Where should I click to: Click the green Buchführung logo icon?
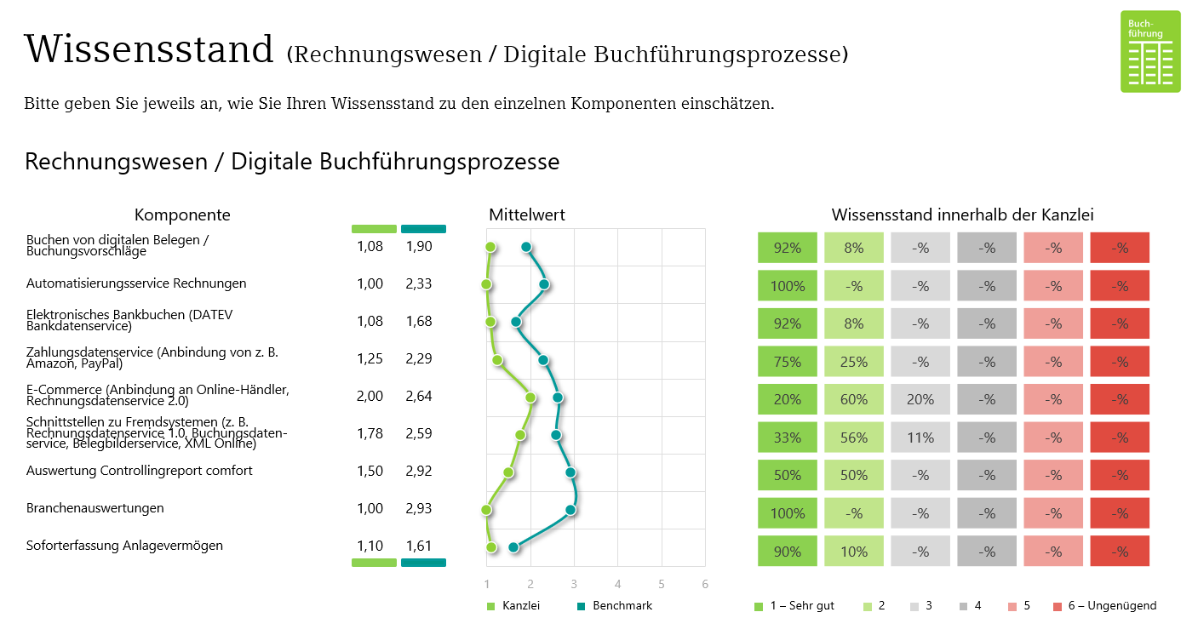[1150, 51]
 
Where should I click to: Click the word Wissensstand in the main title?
[149, 49]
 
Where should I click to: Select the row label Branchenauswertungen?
[95, 508]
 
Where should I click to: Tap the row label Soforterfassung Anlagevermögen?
[124, 546]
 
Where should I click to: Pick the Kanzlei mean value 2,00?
[370, 396]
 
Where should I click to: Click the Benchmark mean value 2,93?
[419, 508]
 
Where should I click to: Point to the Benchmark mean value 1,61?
[419, 546]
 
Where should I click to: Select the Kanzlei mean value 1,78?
[370, 433]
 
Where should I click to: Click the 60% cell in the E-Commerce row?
[854, 399]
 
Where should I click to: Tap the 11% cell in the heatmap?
[920, 438]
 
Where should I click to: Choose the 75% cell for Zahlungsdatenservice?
[788, 362]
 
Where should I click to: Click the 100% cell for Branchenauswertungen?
[788, 513]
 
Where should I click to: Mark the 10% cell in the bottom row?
[854, 552]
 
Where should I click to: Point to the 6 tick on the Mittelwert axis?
[704, 585]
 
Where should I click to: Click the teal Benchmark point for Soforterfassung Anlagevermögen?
[513, 547]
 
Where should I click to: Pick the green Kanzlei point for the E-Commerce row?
[530, 398]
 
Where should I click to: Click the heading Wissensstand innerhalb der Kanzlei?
[962, 215]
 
